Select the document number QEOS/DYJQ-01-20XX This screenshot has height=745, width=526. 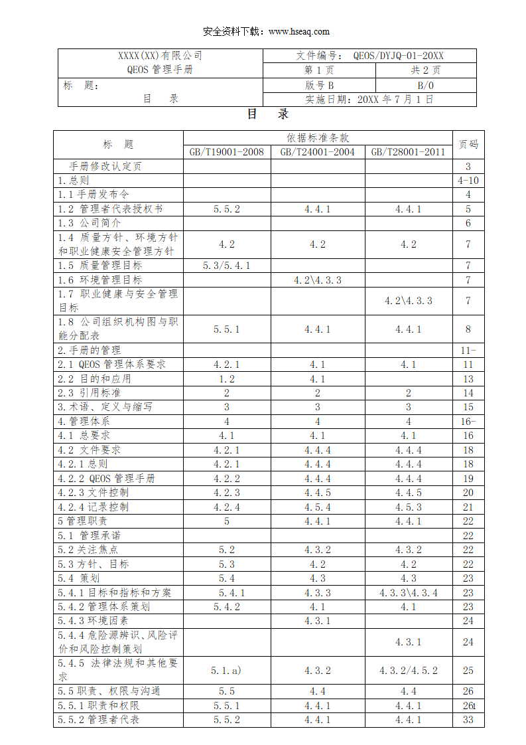point(398,56)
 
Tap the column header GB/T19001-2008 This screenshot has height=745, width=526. point(226,152)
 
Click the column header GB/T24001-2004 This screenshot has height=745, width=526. point(317,152)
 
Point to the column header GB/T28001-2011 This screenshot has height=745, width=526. point(408,152)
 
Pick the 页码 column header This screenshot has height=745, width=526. point(468,144)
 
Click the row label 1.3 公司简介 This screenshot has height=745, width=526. point(89,223)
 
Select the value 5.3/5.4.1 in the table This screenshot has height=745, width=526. point(226,266)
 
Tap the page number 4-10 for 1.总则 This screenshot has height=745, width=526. point(468,180)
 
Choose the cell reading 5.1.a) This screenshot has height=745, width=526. point(226,671)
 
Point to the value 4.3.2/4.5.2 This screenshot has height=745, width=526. point(408,671)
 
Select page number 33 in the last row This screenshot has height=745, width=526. point(468,720)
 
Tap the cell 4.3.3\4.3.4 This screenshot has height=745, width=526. point(408,593)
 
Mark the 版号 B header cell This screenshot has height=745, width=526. point(319,85)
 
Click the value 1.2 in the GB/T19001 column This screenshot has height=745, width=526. point(226,379)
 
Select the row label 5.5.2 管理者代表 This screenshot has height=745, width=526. point(98,720)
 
